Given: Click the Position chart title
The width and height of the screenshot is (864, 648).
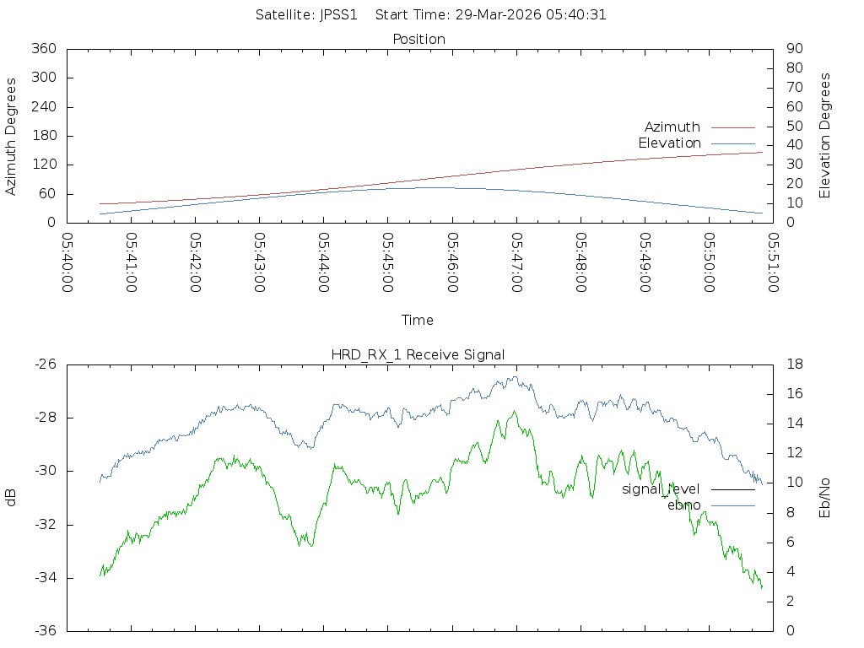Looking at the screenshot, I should coord(418,40).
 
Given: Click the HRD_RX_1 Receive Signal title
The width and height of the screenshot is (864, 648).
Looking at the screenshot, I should coord(418,354).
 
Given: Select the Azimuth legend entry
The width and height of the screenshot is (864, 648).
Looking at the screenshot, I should coord(672,127).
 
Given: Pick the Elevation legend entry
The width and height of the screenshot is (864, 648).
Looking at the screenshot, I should coord(669,143).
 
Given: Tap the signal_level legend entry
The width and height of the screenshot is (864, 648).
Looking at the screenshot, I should coord(661,489).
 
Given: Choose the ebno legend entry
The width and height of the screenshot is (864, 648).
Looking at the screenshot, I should coord(683,505).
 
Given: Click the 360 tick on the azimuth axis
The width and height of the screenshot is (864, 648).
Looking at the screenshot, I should coord(43,49).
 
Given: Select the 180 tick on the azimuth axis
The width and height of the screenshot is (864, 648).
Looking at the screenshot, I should coord(43,136).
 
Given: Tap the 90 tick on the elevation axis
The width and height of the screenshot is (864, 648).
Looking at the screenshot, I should coord(793,49).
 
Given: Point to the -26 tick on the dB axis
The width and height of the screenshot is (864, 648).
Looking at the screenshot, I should coord(45,364).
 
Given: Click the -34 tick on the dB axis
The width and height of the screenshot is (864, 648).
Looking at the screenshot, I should coord(45,578).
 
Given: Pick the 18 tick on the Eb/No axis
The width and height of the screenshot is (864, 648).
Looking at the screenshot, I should coord(793,364).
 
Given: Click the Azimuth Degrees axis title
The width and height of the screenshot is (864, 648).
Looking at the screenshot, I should coord(12,136).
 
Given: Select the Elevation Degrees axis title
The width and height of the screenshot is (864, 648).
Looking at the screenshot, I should coord(825,136).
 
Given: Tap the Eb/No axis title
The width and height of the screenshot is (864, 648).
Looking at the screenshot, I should coord(825,498).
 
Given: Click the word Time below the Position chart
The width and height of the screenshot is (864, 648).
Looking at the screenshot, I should coord(418,321).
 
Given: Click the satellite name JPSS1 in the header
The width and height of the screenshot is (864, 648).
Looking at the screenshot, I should coord(339,15).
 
